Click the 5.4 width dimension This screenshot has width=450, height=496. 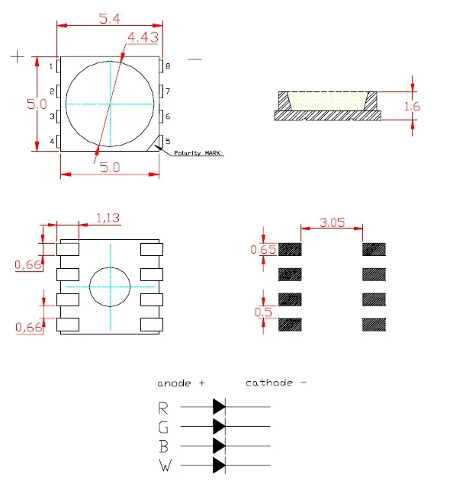point(108,14)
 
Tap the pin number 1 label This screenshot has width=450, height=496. point(51,67)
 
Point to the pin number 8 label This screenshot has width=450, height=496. point(168,67)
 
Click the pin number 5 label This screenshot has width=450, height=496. point(168,142)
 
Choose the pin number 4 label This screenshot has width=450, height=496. point(51,142)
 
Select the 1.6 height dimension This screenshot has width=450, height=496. point(412,107)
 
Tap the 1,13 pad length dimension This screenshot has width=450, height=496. point(108,219)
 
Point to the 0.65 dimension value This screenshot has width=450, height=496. point(263,249)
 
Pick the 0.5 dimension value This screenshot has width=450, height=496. point(263,311)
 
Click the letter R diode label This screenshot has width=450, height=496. point(163,407)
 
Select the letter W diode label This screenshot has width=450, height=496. point(165,465)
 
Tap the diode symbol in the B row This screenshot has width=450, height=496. point(220,445)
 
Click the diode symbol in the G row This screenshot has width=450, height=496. point(220,425)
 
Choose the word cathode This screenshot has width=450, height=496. point(269,382)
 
